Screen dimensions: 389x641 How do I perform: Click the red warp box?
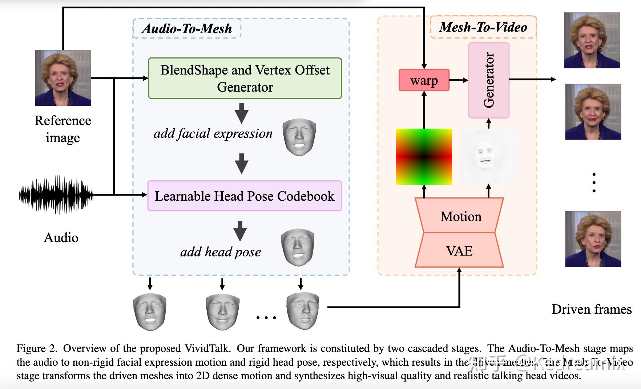point(424,80)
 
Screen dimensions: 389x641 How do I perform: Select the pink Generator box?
point(488,80)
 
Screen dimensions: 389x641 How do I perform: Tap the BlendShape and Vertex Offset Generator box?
point(245,78)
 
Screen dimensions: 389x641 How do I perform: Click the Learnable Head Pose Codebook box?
point(245,196)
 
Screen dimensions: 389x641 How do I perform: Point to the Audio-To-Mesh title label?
point(187,28)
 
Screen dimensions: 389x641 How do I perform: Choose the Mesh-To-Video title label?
point(483,27)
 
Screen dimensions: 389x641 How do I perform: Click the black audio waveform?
point(56,195)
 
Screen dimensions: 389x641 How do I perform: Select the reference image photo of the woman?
point(63,78)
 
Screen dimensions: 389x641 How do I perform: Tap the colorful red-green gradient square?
point(424,157)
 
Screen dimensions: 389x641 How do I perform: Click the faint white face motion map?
point(488,156)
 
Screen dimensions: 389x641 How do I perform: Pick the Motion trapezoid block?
point(460,216)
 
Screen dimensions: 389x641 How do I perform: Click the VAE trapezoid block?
point(459,251)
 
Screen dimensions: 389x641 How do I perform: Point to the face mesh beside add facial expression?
point(299,137)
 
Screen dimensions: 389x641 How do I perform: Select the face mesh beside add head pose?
point(298,247)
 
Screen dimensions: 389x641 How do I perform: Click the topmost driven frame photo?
point(592,40)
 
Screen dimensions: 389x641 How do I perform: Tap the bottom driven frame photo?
point(593,239)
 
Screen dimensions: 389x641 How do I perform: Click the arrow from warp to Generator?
point(459,80)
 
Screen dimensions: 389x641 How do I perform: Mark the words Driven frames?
point(591,309)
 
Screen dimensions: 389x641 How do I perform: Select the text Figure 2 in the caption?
point(36,348)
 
